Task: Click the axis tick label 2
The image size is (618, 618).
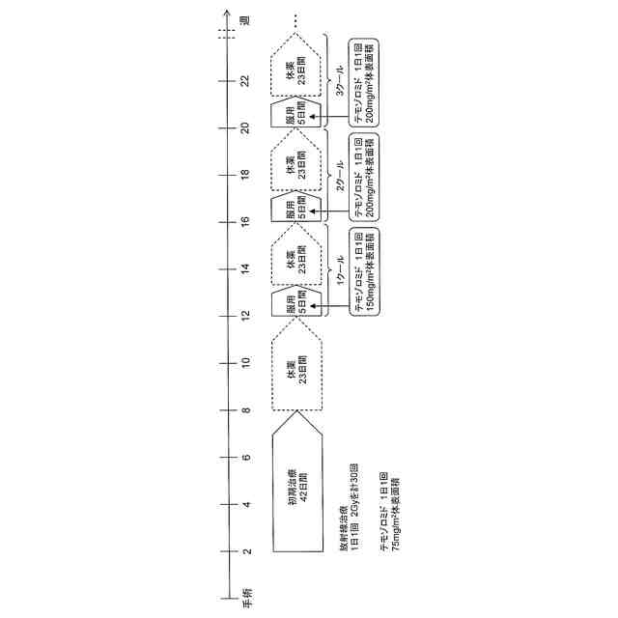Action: [247, 551]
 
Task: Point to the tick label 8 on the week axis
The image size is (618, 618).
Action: [247, 409]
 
